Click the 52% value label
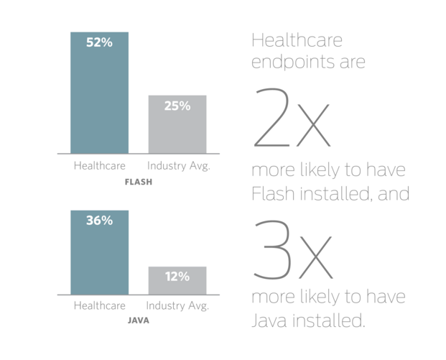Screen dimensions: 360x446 click(99, 43)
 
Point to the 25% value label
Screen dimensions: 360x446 click(177, 106)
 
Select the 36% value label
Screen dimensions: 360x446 click(99, 221)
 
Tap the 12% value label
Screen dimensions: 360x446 click(177, 277)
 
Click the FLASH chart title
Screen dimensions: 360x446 click(138, 182)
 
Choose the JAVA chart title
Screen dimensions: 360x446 click(138, 320)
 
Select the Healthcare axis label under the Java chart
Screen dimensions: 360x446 click(99, 305)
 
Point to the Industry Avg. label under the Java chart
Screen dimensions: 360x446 click(178, 305)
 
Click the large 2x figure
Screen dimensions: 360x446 click(291, 119)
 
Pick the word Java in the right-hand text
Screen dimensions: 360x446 click(269, 319)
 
